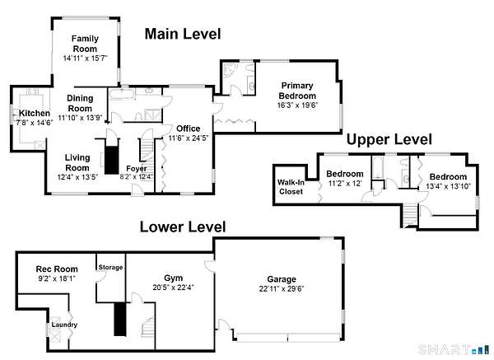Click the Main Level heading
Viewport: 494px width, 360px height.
(x=183, y=34)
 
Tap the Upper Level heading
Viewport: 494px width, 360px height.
(x=389, y=139)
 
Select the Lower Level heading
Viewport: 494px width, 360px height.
(x=183, y=227)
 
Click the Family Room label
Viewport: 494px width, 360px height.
(x=85, y=44)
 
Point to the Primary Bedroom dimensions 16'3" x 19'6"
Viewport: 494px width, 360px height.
(x=297, y=105)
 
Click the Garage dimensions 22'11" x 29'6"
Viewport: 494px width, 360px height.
(x=282, y=289)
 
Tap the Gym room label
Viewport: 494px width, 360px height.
(x=173, y=278)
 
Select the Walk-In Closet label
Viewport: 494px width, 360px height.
(x=291, y=187)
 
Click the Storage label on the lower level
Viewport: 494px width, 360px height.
(x=110, y=267)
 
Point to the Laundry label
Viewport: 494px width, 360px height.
(x=64, y=325)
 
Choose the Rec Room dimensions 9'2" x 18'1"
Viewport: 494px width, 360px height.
(x=57, y=278)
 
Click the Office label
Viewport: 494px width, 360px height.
(x=188, y=129)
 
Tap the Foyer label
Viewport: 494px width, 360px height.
(x=137, y=168)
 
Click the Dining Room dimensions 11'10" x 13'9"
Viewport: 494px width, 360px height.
(x=81, y=118)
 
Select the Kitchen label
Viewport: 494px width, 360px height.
(x=35, y=113)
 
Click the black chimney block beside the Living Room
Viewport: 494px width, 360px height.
(x=112, y=160)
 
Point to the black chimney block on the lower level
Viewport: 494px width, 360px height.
(x=119, y=319)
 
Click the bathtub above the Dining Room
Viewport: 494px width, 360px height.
(x=122, y=93)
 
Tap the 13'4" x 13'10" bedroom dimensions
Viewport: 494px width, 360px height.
(x=448, y=186)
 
